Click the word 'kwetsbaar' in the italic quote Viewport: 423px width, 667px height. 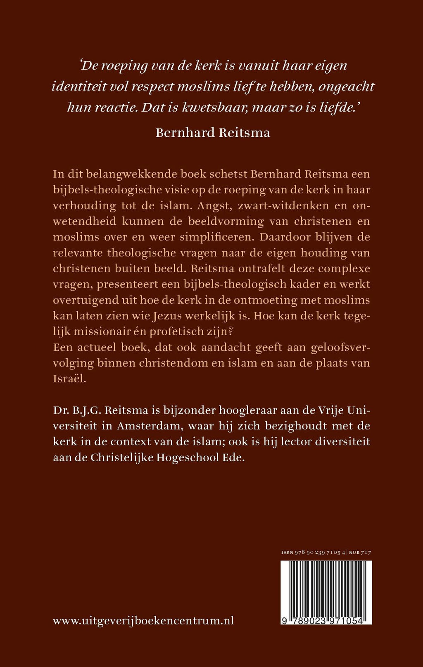click(214, 107)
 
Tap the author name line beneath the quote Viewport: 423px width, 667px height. click(213, 133)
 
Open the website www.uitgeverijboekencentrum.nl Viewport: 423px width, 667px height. click(143, 620)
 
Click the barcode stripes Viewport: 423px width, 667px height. click(326, 587)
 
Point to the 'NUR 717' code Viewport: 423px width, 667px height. click(360, 552)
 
